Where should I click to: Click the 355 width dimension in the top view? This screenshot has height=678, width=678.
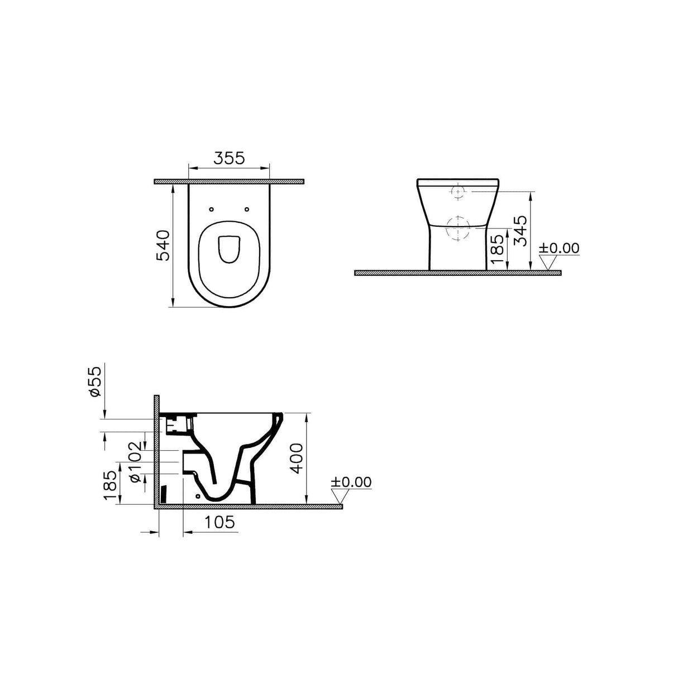[x=229, y=158]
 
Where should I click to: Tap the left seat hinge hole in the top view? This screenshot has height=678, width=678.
[x=211, y=209]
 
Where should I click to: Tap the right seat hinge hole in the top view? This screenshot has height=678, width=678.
[x=246, y=209]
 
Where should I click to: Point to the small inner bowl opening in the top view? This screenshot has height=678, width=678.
[x=228, y=249]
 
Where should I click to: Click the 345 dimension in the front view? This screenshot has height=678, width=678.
[x=519, y=231]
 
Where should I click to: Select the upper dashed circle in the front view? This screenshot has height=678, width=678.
[x=458, y=192]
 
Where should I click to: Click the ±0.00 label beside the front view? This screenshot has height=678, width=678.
[x=559, y=248]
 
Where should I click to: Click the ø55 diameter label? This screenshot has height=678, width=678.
[x=95, y=381]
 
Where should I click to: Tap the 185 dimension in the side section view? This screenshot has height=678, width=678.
[x=110, y=484]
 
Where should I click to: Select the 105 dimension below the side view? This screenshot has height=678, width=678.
[x=219, y=522]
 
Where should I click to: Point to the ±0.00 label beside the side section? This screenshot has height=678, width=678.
[x=351, y=482]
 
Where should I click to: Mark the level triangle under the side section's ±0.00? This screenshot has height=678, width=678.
[x=341, y=496]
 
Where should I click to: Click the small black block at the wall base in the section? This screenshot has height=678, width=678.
[x=164, y=494]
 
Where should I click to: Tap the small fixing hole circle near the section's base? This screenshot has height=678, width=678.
[x=198, y=495]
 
